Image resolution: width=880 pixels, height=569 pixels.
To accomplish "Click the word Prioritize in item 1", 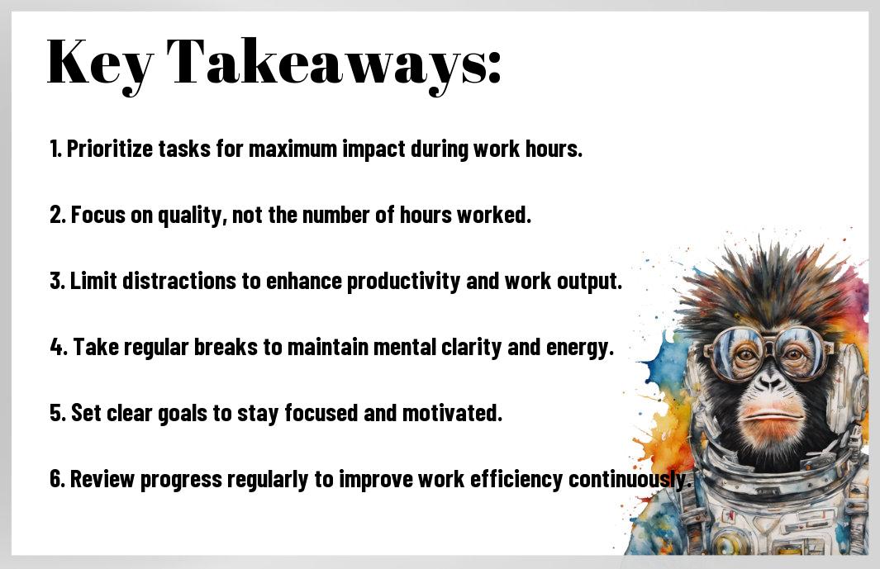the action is (110, 149).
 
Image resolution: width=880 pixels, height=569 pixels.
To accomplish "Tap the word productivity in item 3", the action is (403, 281).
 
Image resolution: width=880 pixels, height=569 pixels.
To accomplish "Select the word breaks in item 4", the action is (226, 347).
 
